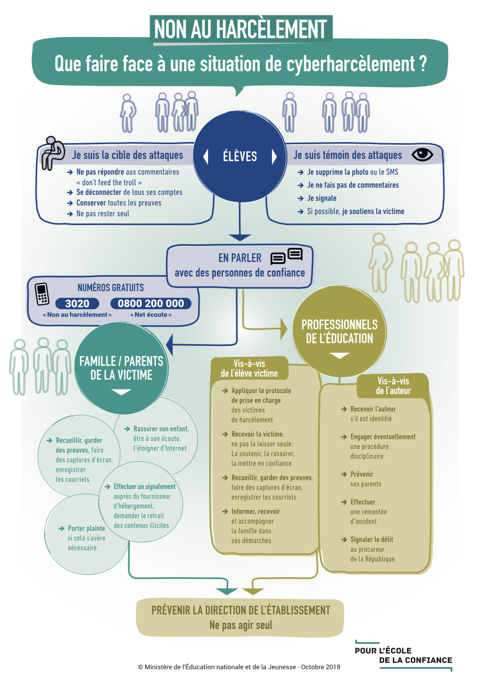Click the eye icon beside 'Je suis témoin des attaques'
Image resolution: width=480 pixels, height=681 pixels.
[422, 155]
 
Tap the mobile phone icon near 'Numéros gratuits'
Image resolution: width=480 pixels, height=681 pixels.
[42, 294]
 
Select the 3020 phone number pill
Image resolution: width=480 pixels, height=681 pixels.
[77, 303]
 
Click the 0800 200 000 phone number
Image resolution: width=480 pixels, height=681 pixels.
[151, 303]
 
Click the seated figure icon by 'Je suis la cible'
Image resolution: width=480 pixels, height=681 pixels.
[52, 153]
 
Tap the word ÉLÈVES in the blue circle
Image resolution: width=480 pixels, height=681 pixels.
[239, 156]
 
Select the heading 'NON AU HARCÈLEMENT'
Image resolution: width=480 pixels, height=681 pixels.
[241, 29]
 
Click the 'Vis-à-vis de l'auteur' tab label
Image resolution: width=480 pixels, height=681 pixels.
[393, 386]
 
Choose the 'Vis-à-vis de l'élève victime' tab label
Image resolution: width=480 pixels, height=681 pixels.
[250, 369]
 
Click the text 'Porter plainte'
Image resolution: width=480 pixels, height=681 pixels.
[86, 528]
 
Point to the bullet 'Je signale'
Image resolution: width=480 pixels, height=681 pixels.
[321, 198]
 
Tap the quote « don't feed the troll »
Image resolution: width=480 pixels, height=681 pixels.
[109, 182]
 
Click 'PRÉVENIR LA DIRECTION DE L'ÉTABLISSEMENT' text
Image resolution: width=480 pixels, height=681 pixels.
[241, 610]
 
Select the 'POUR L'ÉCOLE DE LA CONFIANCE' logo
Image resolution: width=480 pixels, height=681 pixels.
[403, 655]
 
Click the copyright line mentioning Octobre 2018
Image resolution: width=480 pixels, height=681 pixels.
[239, 667]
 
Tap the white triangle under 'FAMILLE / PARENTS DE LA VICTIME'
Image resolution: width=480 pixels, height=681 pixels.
[121, 392]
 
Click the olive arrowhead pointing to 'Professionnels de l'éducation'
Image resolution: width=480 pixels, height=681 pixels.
[284, 329]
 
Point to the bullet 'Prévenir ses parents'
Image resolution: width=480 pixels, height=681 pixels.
[366, 479]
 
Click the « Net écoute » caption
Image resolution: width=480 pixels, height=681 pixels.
[151, 314]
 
